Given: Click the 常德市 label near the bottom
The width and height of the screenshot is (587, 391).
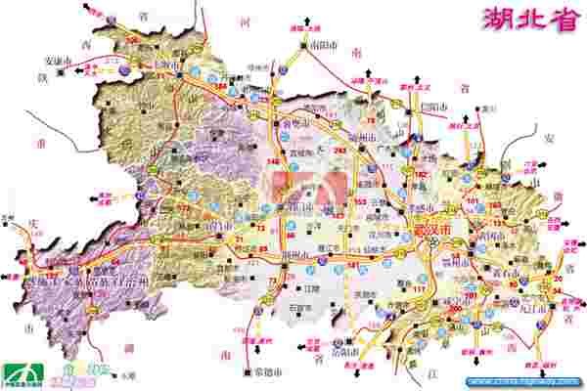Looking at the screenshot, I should pos(266,371).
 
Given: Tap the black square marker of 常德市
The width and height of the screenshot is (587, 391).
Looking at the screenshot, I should pos(245,372).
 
